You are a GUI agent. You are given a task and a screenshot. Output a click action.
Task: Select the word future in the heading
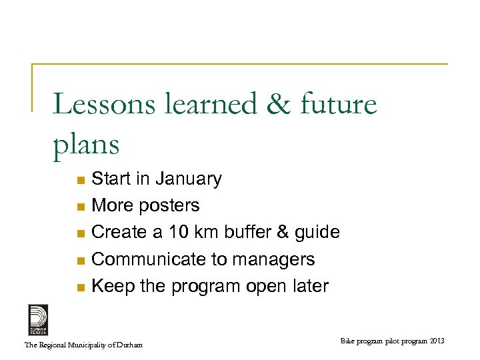pos(329,105)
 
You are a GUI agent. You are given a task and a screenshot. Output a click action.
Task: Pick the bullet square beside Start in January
pos(80,180)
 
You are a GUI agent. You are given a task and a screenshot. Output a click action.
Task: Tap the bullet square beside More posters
pos(80,207)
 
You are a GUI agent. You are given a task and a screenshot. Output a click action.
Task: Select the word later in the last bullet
pos(308,286)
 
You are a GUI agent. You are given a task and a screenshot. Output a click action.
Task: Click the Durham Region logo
pos(38,319)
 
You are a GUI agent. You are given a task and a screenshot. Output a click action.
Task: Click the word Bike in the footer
pos(348,342)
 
